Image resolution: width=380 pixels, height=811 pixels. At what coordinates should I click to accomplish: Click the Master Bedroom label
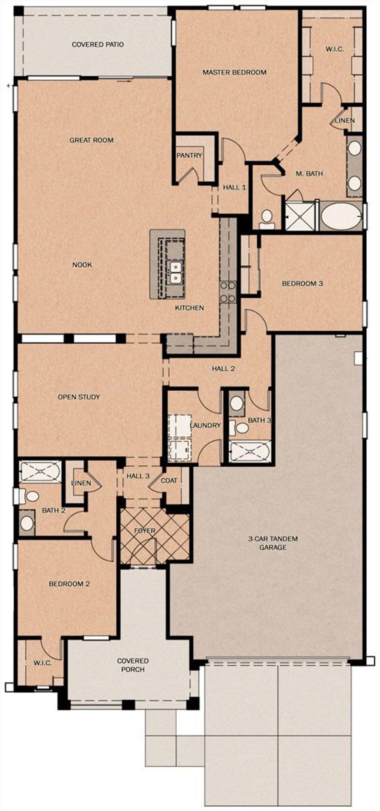234,72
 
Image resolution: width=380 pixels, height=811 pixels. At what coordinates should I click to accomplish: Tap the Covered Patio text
98,45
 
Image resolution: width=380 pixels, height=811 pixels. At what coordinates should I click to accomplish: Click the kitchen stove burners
228,292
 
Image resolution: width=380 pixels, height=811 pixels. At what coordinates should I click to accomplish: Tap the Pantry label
189,155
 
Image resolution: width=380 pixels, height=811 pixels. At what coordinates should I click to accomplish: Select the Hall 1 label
234,187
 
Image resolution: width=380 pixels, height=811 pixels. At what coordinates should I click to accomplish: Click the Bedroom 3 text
302,283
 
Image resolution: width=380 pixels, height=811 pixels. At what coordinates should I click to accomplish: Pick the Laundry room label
205,425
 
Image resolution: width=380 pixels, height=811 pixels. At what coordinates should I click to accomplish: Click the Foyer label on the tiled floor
145,530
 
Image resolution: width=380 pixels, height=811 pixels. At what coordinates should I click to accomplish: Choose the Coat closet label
169,480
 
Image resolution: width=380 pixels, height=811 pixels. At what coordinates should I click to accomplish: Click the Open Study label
79,397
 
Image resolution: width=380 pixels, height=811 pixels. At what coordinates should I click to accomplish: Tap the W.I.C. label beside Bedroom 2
42,663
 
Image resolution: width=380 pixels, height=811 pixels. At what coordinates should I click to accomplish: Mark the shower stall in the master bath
300,217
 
